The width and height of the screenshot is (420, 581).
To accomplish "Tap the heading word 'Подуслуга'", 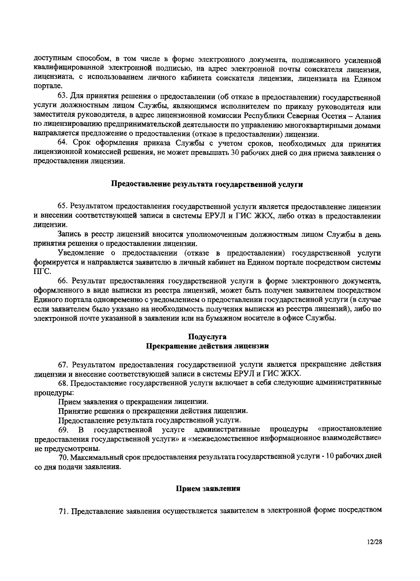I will coord(207,337).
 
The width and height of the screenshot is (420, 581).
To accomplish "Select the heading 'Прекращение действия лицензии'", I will coord(207,346).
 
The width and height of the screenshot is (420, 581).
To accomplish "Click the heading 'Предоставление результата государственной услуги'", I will coord(207,184).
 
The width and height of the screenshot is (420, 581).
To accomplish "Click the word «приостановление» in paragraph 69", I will coord(350,429).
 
